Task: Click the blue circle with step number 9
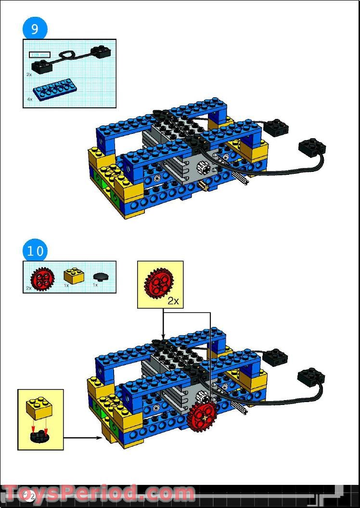35,29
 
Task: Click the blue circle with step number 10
35,251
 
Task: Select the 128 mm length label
39,54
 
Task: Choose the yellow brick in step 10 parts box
73,276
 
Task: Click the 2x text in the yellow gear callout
173,301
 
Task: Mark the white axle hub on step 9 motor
201,169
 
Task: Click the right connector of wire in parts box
101,51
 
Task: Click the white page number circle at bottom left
29,496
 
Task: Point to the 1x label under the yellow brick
67,285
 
